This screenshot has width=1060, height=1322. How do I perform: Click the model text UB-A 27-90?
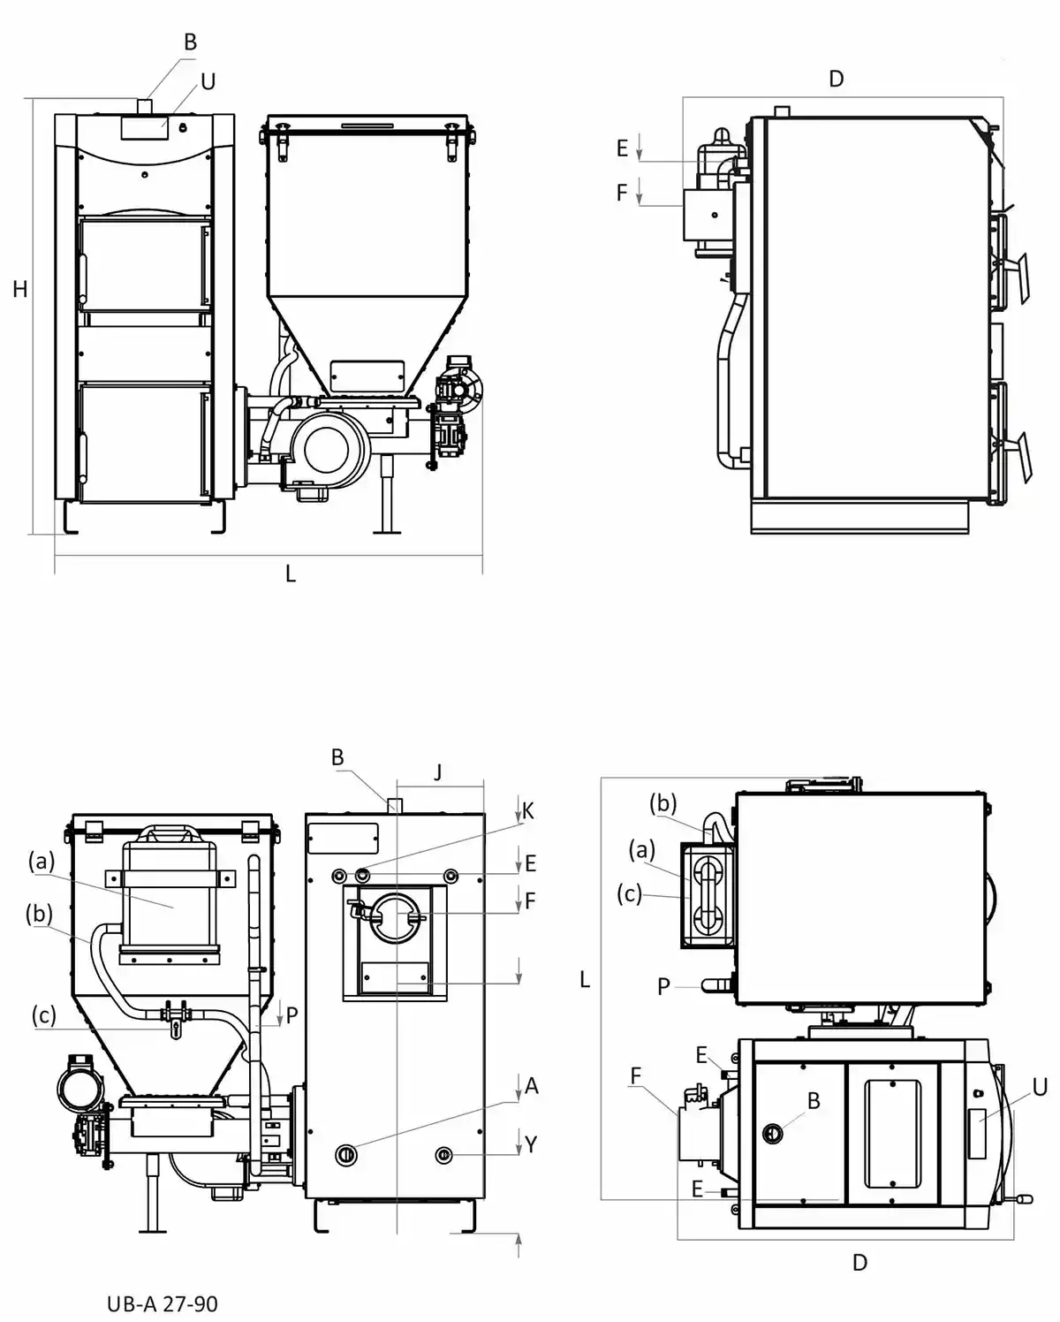tap(163, 1303)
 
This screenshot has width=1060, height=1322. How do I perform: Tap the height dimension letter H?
tap(20, 289)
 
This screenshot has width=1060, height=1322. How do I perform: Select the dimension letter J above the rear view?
tap(438, 771)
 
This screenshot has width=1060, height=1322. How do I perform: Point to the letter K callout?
tap(528, 811)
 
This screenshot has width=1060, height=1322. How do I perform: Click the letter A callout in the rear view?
tap(532, 1085)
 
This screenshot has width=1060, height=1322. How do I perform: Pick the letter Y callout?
tap(531, 1143)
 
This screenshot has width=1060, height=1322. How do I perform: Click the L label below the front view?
tap(291, 574)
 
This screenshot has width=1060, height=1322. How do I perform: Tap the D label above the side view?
tap(836, 79)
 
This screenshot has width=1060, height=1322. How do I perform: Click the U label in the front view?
tap(208, 81)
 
